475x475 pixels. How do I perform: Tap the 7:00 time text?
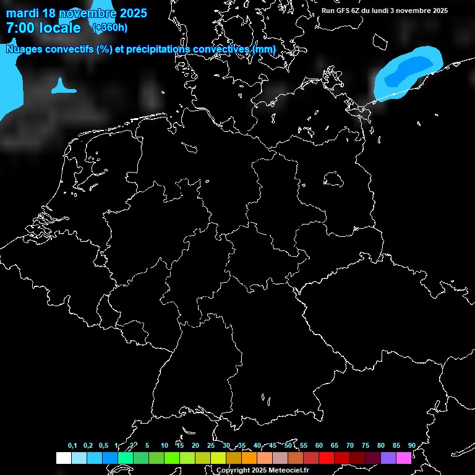(19, 28)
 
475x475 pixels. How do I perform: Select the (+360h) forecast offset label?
(110, 27)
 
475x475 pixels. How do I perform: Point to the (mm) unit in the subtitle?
(264, 49)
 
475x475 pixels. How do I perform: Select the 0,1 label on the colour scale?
(72, 445)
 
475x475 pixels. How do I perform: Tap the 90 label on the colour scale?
(411, 445)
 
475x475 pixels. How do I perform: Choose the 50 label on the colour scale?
(288, 445)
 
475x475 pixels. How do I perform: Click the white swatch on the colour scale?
(63, 458)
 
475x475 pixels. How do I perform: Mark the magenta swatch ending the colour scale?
(404, 458)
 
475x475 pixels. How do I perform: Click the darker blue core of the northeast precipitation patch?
(408, 69)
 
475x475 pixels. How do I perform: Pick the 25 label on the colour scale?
(211, 445)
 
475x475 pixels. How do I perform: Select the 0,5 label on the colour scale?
(103, 445)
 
